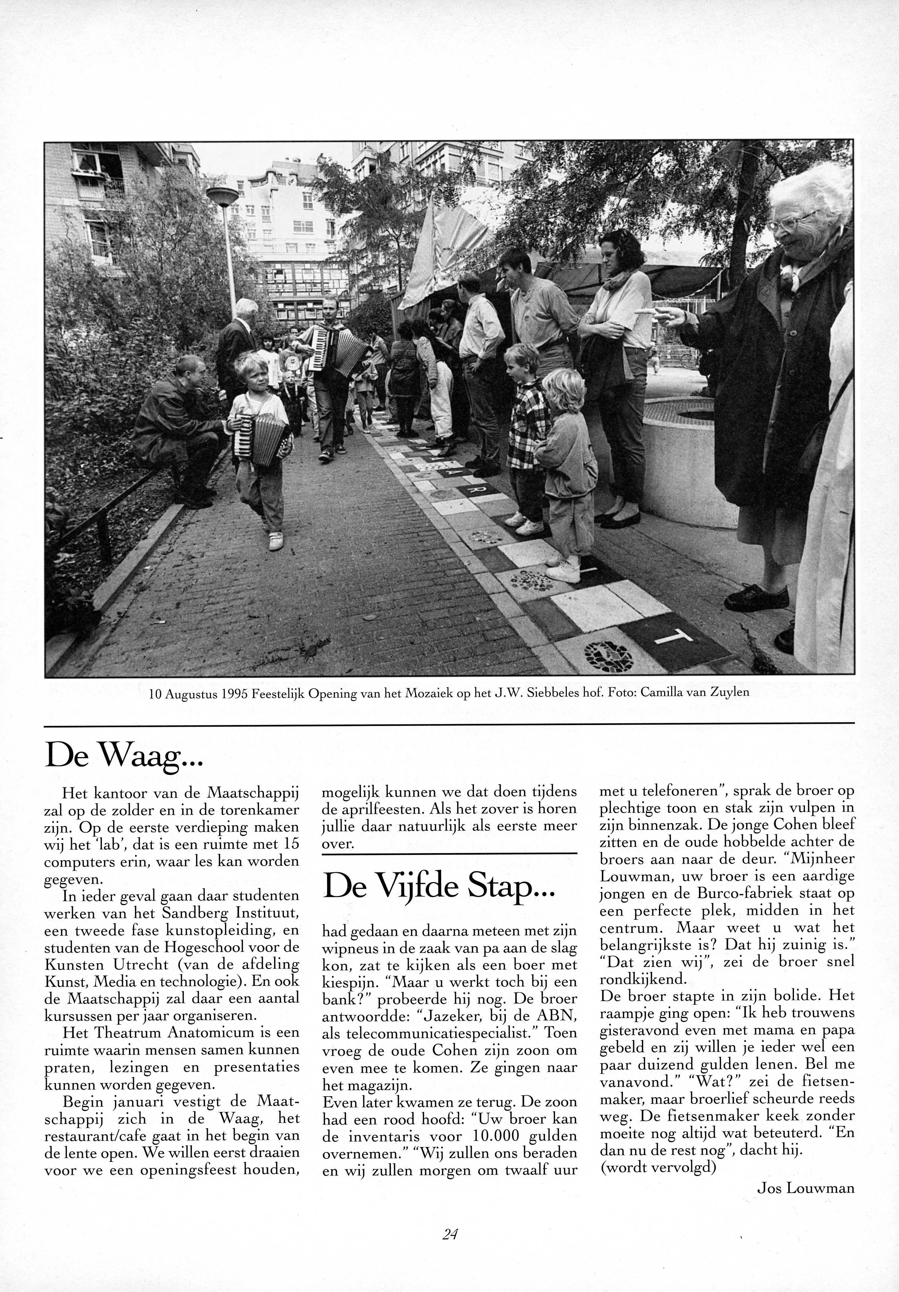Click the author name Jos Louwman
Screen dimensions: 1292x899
tap(806, 1188)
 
